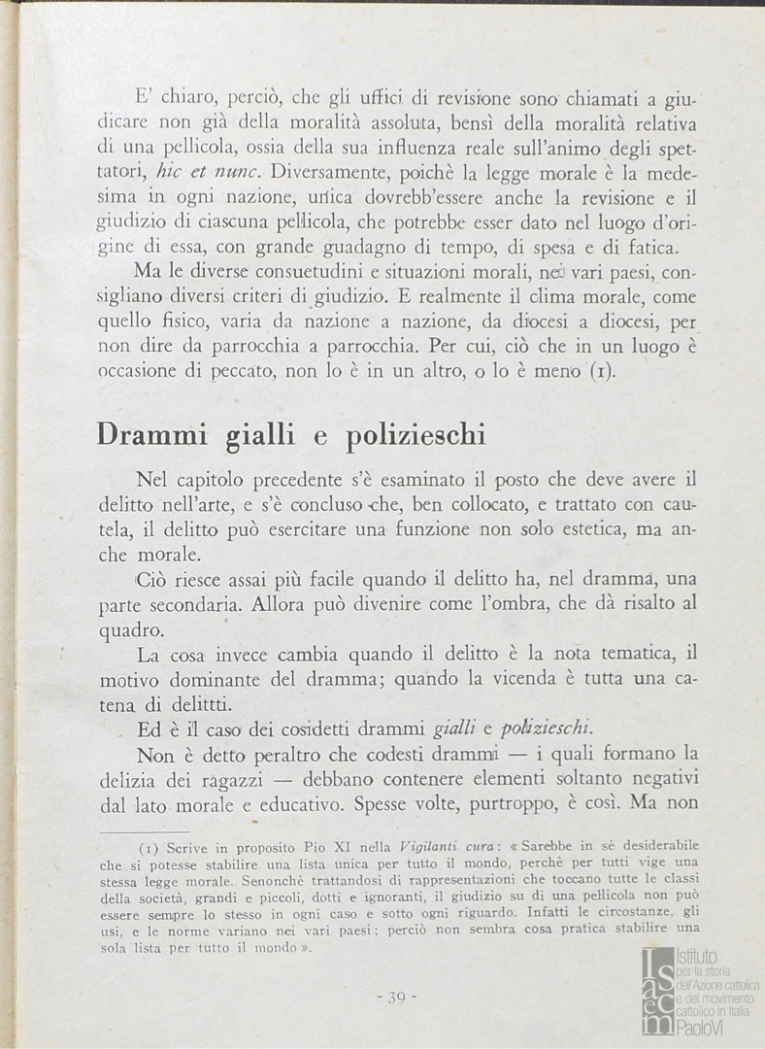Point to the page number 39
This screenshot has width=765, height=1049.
tap(395, 998)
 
